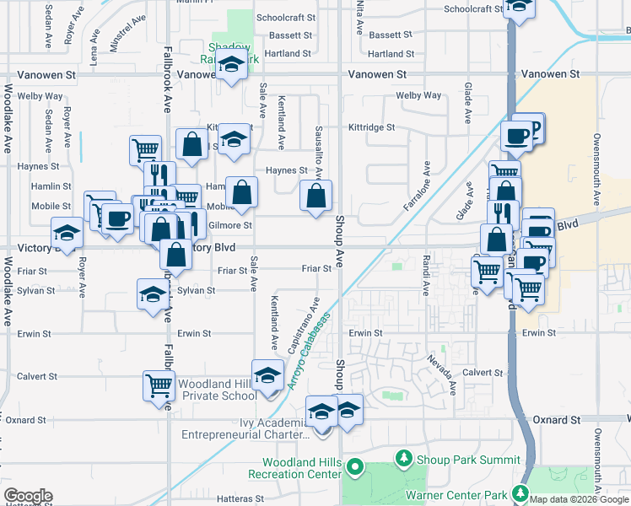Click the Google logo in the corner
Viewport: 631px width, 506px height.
28,496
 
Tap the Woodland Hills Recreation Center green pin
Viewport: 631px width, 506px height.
355,465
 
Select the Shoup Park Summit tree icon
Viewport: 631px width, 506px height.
404,458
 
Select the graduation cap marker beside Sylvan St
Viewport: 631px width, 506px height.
153,295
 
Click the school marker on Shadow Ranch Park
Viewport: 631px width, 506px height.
229,66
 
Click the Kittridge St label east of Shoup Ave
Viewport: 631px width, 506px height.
372,127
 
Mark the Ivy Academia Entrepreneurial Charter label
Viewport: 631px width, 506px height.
245,428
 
